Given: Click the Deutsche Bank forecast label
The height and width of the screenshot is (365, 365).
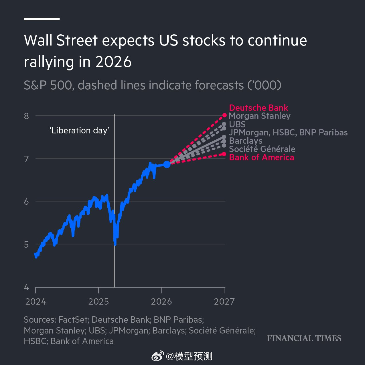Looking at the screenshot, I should [x=259, y=108].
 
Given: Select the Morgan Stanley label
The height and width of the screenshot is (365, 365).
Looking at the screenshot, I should [x=260, y=116].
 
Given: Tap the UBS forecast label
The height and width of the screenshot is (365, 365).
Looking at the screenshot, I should [x=237, y=124].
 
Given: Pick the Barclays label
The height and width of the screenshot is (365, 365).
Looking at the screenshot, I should [x=246, y=141].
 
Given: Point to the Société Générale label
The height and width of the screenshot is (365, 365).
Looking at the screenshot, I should [x=262, y=149].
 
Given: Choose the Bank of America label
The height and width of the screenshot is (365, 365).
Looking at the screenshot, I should [x=261, y=157].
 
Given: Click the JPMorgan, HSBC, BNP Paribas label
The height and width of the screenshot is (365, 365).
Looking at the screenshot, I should [x=288, y=133].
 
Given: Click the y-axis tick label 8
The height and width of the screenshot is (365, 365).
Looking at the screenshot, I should [x=27, y=116].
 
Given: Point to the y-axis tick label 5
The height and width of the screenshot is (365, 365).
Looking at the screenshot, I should [x=27, y=244].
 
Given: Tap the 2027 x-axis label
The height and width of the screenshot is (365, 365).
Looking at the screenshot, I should [x=224, y=301].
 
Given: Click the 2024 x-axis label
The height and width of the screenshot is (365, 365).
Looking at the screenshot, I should [x=35, y=301].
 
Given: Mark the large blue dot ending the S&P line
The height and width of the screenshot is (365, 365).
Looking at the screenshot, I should [x=167, y=164].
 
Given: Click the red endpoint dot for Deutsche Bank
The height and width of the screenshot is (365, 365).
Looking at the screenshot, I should [x=224, y=115].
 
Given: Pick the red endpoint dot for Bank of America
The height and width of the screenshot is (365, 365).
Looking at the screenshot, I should [x=224, y=154].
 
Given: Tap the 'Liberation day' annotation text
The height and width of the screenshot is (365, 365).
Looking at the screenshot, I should [x=79, y=131].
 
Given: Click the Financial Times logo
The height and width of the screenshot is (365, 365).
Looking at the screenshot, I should [x=304, y=338].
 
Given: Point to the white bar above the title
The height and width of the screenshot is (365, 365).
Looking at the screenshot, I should [x=42, y=19].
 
